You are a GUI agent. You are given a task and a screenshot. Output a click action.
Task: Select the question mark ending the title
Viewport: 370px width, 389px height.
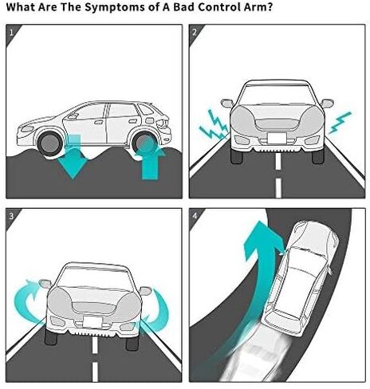[x=270, y=6]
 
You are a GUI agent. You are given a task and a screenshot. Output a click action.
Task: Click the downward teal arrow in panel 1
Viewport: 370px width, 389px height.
[x=73, y=157]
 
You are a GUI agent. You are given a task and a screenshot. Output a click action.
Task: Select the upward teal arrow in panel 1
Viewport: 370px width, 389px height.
[x=150, y=159]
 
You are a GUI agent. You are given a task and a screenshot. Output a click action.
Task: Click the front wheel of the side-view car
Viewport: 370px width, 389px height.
[x=49, y=143]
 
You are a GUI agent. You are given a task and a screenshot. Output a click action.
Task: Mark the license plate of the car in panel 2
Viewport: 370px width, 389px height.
[x=277, y=138]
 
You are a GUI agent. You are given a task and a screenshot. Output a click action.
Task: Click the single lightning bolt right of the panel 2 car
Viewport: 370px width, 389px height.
[x=340, y=123]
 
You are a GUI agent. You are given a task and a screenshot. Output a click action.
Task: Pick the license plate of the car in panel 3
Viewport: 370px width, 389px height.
[x=92, y=322]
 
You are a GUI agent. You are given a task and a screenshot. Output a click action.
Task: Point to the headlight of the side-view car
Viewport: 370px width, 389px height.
[x=27, y=129]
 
